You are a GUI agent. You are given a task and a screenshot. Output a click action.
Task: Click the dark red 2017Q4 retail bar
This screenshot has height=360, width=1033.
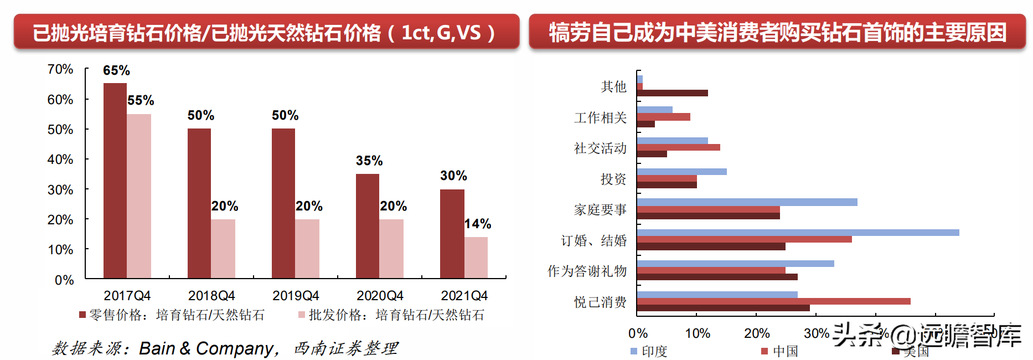pyautogui.click(x=115, y=181)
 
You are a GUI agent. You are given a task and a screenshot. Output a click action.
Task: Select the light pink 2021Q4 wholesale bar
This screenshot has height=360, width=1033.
pyautogui.click(x=476, y=258)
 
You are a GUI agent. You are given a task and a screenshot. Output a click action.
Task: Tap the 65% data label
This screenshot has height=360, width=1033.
pyautogui.click(x=116, y=71)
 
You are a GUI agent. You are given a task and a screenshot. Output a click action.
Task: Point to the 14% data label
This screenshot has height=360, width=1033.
pyautogui.click(x=478, y=224)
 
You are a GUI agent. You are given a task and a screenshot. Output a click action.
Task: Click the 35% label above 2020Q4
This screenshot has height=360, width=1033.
pyautogui.click(x=369, y=161)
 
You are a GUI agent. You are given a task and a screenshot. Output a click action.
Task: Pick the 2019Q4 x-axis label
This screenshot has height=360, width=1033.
pyautogui.click(x=296, y=296)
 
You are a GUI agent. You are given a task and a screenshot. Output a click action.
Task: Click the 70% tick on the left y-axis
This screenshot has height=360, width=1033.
pyautogui.click(x=60, y=69)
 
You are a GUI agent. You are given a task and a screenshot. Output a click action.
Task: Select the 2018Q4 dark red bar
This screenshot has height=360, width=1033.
pyautogui.click(x=199, y=203)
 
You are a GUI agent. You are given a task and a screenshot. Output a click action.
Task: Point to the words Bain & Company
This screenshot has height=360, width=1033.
pyautogui.click(x=206, y=348)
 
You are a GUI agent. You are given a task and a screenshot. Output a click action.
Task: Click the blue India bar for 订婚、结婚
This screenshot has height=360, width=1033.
pyautogui.click(x=798, y=233)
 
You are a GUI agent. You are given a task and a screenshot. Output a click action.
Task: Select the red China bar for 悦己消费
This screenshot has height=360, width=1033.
pyautogui.click(x=773, y=301)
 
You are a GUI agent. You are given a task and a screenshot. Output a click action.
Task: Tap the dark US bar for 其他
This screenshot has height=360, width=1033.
pyautogui.click(x=672, y=93)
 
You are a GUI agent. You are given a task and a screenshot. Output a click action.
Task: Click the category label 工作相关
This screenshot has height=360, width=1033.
pyautogui.click(x=600, y=117)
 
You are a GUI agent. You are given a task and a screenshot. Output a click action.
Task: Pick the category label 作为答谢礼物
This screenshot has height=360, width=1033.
pyautogui.click(x=587, y=271)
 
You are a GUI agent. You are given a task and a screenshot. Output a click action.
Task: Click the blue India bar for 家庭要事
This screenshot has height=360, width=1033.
pyautogui.click(x=747, y=202)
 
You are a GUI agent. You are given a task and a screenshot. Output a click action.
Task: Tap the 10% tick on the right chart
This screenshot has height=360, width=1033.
pyautogui.click(x=698, y=333)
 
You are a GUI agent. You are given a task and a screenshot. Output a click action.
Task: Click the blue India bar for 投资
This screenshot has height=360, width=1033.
pyautogui.click(x=681, y=172)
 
